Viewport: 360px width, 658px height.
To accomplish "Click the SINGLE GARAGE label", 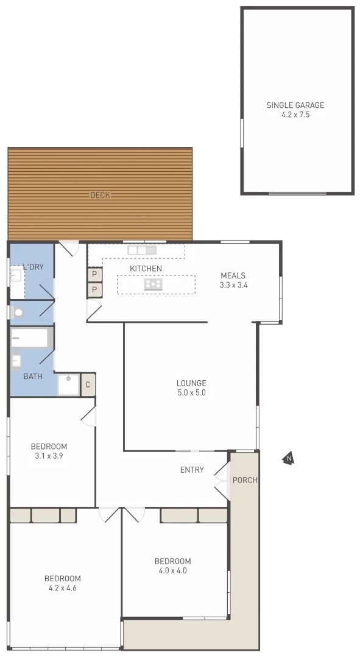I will pos(295,105).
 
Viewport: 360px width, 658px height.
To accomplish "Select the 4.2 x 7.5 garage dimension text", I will pos(295,115).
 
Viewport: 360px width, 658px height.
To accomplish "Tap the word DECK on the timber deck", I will pos(100,195).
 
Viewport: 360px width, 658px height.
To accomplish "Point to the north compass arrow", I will pos(289,459).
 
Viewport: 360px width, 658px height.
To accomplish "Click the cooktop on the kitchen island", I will pos(154,284).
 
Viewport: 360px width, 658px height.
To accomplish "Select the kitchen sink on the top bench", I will pos(142,250).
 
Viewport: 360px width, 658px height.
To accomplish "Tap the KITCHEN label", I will pos(146,269).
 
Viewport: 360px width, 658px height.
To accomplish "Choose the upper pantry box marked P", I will pos(94,275).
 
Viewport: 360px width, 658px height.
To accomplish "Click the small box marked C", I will pos(88,384).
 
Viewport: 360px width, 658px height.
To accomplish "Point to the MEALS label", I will pos(233,275).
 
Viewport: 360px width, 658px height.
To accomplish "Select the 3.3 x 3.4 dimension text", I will pos(233,285).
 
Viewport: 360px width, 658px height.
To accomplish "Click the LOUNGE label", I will pos(191,383).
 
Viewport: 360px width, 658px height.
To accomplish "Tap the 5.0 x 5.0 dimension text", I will pos(191,393).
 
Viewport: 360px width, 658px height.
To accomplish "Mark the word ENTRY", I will pos(192,470).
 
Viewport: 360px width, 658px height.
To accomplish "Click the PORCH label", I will pos(245,480).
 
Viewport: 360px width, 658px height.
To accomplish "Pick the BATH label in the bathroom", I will pos(33,377).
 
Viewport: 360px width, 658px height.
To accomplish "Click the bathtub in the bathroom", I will pos(30,338).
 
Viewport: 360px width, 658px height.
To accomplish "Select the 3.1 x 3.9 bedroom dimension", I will pos(50,456).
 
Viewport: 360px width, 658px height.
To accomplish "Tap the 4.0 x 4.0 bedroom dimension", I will pos(172,571).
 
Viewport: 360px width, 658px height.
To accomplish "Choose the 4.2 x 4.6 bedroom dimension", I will pos(62,588).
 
